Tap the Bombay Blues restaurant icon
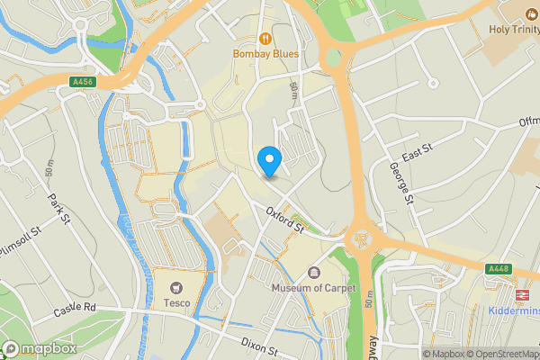[x=265, y=38]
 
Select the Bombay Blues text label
[x=265, y=54]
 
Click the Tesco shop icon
[x=176, y=286]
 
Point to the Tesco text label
[x=176, y=302]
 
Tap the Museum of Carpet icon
[x=313, y=273]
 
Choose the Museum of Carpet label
[x=314, y=288]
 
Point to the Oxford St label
[x=286, y=219]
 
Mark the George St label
[x=400, y=176]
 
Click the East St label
[x=418, y=155]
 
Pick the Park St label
[x=59, y=208]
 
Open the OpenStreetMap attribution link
[x=497, y=354]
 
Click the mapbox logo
[x=39, y=348]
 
